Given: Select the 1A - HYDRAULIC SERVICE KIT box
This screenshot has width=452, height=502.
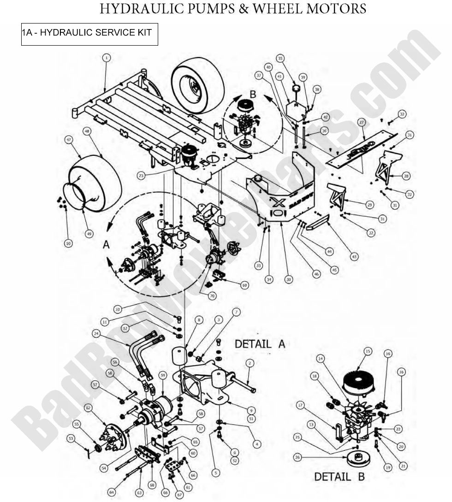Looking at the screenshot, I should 89,34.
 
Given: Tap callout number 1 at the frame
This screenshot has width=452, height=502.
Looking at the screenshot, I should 107,58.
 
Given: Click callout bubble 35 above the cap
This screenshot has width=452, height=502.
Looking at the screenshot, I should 280,58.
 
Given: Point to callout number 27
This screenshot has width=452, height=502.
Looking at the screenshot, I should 361,122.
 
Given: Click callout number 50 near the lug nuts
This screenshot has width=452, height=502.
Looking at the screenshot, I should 68,243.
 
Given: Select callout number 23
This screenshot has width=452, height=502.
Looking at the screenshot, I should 141,175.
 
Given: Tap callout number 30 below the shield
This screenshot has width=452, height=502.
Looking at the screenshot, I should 289,279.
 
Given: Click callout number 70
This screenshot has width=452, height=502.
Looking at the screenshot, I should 212,296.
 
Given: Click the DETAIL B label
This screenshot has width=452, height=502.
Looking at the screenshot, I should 339,476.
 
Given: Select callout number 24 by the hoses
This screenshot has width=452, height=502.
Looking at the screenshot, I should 96,333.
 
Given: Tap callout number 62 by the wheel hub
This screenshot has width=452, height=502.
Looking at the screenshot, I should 88,407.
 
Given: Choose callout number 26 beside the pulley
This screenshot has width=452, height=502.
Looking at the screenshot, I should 297,457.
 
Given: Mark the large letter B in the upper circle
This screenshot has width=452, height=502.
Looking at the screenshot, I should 252,94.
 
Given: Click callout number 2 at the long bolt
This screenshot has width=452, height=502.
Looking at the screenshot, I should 250,363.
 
